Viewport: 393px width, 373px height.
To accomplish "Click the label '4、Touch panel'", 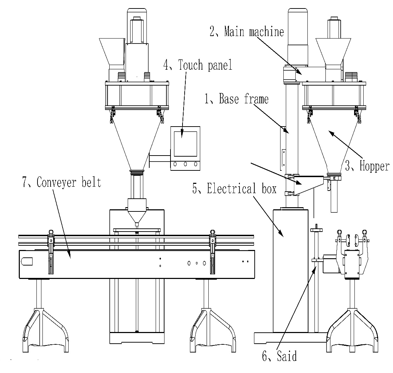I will pos(197,65).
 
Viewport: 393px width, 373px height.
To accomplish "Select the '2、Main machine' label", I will pos(247,32).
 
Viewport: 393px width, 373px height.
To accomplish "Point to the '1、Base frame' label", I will pos(236,99).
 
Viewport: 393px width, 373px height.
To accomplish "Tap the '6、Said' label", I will pos(279,356).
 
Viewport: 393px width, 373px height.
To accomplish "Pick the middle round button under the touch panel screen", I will pos(185,164).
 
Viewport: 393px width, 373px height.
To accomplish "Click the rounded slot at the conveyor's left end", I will pos(27,262).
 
